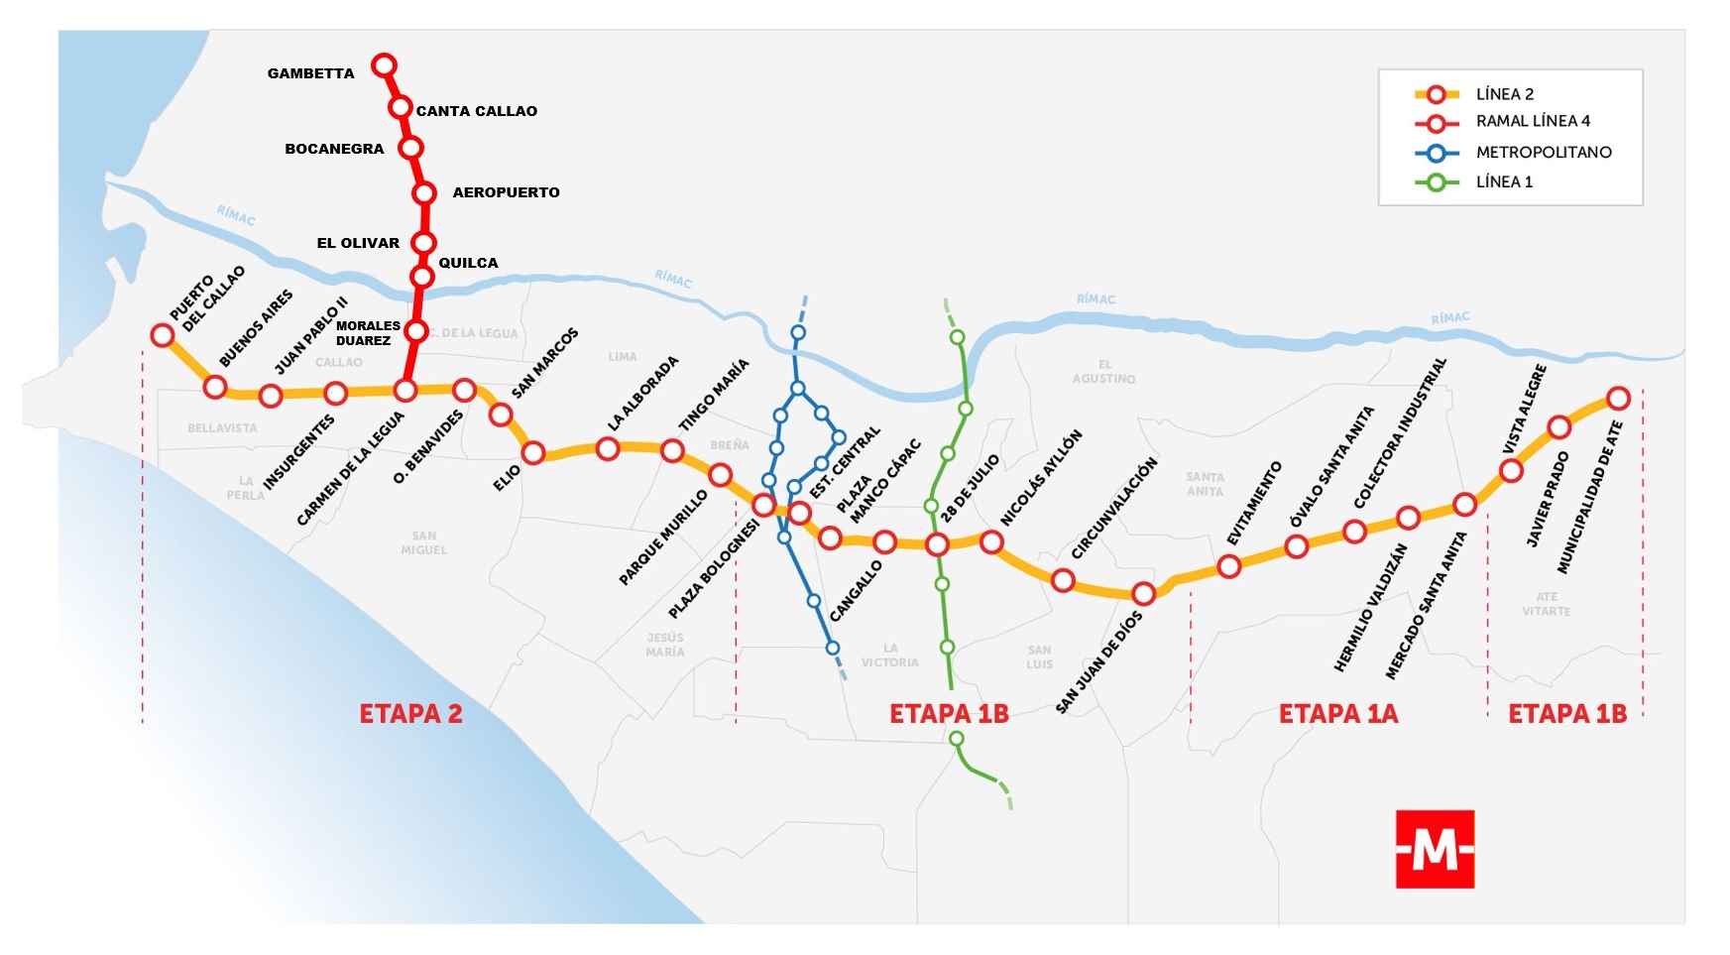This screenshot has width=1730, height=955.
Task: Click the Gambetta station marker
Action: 384,65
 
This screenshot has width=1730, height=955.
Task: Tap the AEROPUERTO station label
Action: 506,192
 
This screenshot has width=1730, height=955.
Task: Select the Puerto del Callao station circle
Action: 163,335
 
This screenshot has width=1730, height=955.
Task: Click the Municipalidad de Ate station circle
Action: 1618,399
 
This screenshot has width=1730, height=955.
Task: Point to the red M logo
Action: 1435,849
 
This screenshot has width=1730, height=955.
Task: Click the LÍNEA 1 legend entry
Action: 1504,181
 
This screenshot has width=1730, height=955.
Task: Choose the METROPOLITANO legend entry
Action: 1543,152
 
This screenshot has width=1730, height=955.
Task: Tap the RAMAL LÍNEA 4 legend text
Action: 1533,121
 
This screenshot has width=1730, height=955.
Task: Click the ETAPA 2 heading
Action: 410,714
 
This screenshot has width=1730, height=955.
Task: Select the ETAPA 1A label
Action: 1337,714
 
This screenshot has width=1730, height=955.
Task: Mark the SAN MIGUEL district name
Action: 424,542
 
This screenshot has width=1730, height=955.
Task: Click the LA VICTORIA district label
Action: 889,655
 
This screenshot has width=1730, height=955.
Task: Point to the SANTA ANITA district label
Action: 1205,484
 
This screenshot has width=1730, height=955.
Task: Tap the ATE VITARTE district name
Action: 1547,604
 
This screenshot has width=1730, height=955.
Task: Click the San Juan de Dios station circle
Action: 1143,594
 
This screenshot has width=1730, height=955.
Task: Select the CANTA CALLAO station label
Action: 476,111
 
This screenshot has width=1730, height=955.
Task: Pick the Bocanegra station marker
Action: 410,148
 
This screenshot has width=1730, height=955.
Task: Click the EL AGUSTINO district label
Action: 1103,371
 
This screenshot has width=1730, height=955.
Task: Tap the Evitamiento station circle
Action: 1229,566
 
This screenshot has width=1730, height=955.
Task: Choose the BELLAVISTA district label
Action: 222,428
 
